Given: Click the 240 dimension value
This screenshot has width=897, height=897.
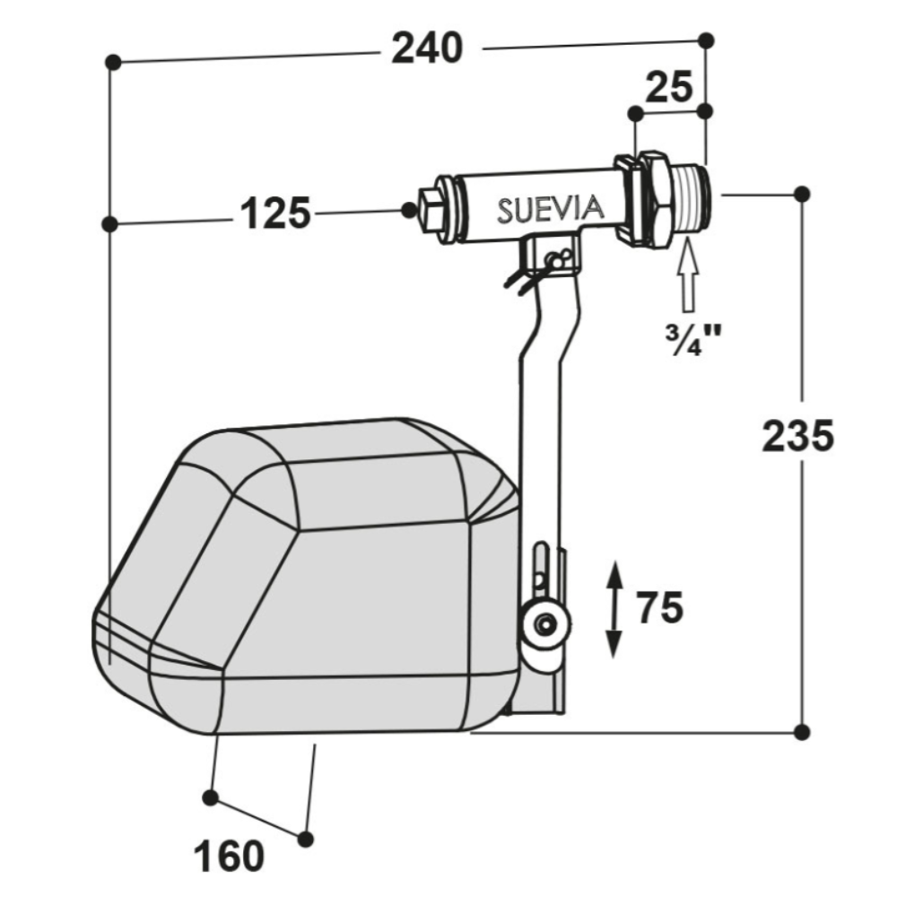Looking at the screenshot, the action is click(x=427, y=48).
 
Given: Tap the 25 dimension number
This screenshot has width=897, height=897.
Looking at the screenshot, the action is click(x=669, y=87).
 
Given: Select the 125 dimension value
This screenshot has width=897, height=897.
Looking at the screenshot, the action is click(x=275, y=213).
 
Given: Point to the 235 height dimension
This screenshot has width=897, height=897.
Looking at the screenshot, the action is click(x=798, y=437).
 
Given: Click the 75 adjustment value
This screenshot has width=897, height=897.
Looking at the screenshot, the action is click(x=660, y=607).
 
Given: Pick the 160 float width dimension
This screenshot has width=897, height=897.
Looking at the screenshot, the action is click(x=229, y=857).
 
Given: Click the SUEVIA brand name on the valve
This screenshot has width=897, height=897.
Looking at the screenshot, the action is click(x=551, y=209).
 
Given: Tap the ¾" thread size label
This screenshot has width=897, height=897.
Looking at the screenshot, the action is click(x=692, y=340).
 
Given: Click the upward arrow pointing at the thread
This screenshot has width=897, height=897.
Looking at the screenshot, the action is click(x=688, y=275).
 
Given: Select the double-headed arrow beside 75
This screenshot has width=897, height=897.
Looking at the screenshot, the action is click(x=614, y=609).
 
